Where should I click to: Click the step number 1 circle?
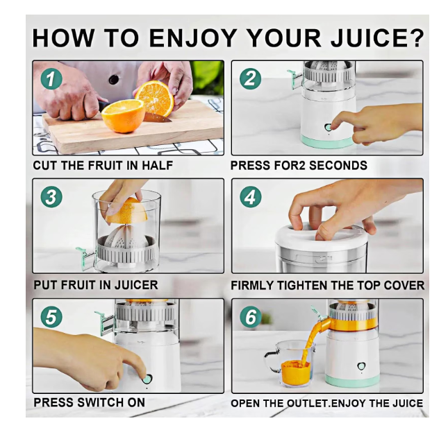point(51,79)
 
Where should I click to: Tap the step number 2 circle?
point(250,79)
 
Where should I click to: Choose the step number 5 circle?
point(51,317)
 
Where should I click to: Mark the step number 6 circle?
point(251,317)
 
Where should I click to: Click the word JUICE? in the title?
point(376,37)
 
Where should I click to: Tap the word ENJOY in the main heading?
point(193,37)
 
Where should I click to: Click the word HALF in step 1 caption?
point(158,166)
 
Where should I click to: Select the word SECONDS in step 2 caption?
point(338,166)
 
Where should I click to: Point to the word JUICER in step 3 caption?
point(136,285)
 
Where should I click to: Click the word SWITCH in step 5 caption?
point(101,402)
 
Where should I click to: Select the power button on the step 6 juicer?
point(361,367)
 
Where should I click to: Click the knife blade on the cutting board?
point(158,118)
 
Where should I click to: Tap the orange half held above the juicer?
point(127,211)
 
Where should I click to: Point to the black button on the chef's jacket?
point(114,80)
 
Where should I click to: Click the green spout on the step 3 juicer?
point(85,258)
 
